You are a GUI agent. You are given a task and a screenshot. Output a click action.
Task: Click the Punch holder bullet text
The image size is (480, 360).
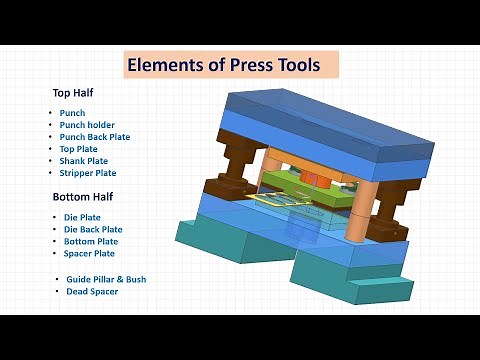point(89,125)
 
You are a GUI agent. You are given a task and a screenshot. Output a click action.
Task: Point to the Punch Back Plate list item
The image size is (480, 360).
point(95,137)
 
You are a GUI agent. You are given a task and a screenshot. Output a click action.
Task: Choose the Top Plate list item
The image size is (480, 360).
point(80,149)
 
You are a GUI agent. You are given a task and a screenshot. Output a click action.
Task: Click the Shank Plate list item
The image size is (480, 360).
point(84,161)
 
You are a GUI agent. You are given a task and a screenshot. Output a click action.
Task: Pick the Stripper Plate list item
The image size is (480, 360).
point(88,173)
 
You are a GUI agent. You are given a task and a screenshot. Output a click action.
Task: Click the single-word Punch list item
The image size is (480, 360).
point(72,113)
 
